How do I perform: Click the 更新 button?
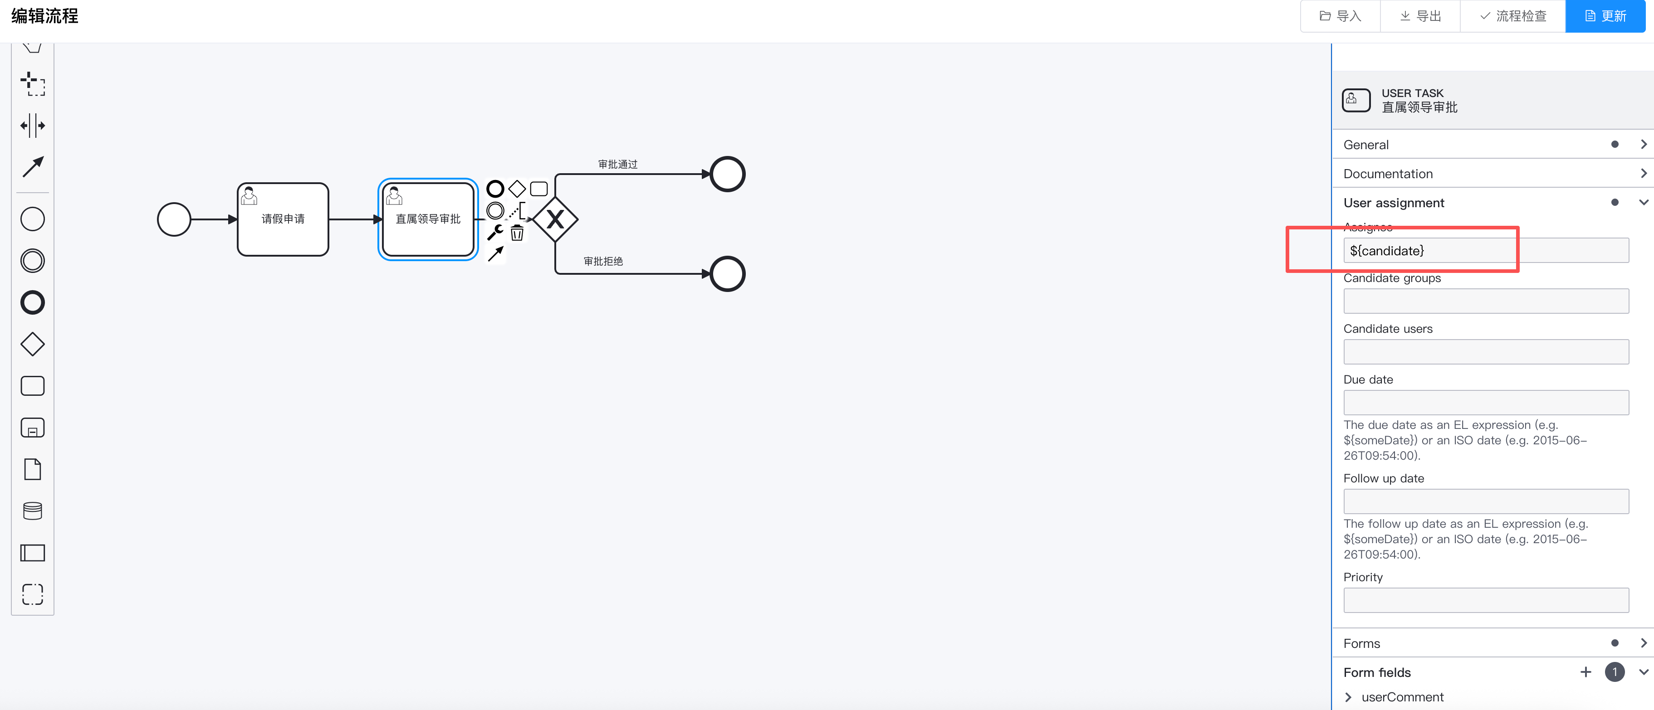[1605, 16]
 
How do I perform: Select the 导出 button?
[1420, 16]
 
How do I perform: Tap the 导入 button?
[1340, 16]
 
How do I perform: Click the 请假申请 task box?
[283, 219]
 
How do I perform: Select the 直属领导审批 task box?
[428, 219]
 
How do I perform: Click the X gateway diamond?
[555, 219]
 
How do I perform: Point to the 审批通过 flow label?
[618, 164]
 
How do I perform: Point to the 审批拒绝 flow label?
[603, 261]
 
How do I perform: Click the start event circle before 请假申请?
[174, 219]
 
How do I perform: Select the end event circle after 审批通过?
[728, 174]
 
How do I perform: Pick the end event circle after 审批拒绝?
[728, 274]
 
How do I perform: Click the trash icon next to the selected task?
[517, 233]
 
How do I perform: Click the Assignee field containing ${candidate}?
[1486, 250]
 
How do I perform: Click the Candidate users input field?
[1486, 352]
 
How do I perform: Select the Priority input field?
[1486, 600]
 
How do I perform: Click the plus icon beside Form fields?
[1585, 672]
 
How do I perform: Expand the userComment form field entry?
[1348, 697]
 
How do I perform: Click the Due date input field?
[1486, 403]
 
